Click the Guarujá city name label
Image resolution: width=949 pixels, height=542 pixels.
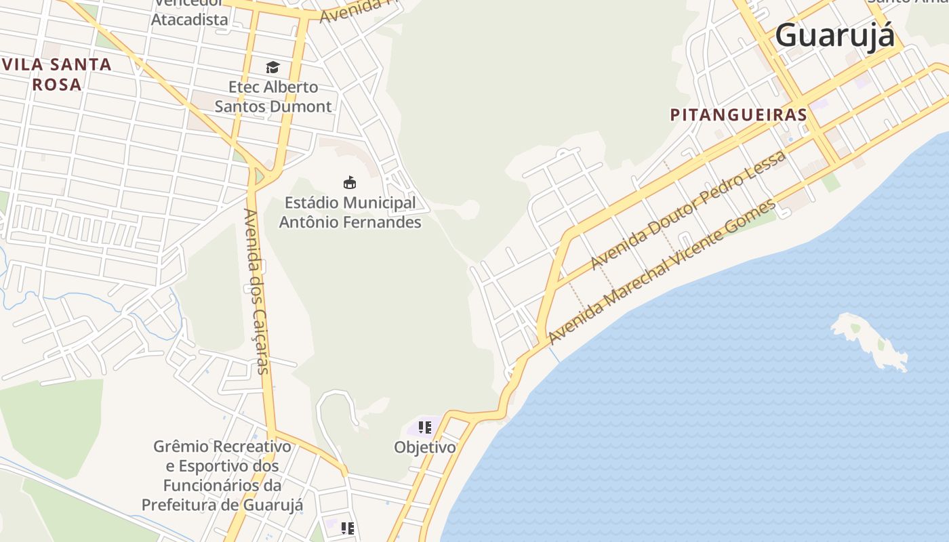coord(834,36)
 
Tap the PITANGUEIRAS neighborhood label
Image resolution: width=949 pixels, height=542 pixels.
coord(738,115)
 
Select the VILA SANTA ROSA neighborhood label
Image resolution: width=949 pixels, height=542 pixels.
coord(57,75)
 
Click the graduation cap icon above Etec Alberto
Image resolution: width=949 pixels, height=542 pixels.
coord(272,67)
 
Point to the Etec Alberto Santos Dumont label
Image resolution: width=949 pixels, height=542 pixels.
coord(273,97)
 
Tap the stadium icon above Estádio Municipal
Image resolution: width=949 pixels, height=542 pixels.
coord(350,182)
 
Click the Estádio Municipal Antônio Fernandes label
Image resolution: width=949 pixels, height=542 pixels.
coord(350,212)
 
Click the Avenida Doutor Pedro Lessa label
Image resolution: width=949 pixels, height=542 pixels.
coord(687,210)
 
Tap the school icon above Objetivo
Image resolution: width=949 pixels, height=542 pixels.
coord(425,428)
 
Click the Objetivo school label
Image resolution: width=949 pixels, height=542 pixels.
coord(425,448)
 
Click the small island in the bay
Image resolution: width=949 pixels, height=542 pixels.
coord(869,341)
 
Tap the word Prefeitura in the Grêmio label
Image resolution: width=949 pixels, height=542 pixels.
coord(180,505)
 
